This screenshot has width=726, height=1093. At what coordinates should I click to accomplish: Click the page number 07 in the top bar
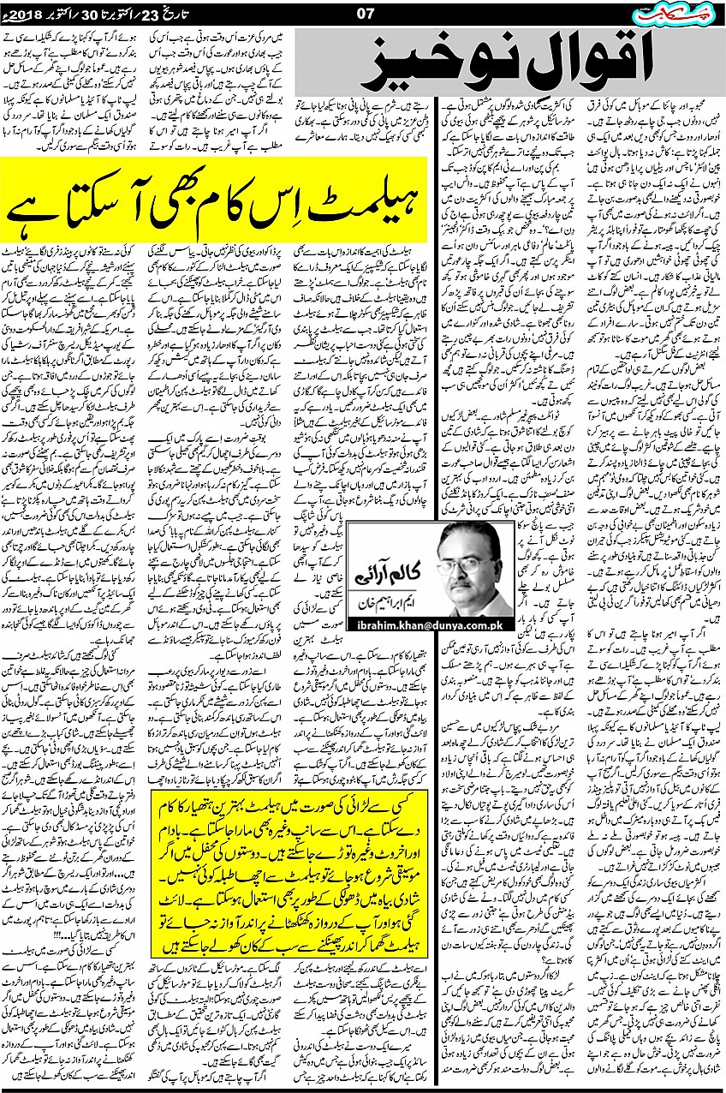click(360, 12)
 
